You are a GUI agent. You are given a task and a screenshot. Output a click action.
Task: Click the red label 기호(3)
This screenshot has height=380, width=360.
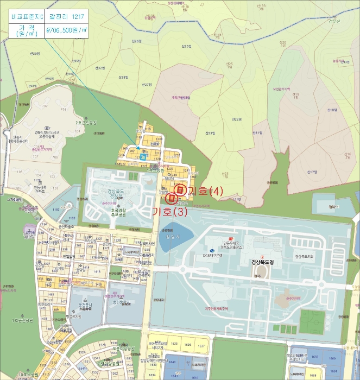click(x=169, y=211)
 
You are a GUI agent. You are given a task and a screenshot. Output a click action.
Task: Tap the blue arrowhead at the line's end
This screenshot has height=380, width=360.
click(x=138, y=147)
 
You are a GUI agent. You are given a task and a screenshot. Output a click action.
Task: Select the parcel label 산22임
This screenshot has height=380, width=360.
click(x=236, y=119)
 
